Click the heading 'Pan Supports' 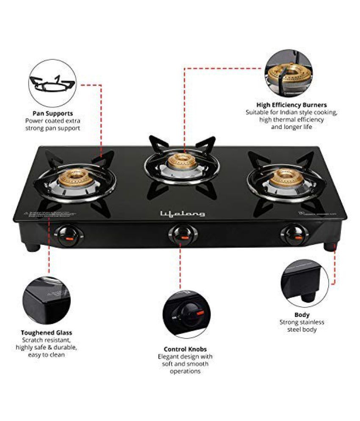tap(53, 113)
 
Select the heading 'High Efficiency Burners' tap(291, 105)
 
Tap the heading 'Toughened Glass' tap(47, 333)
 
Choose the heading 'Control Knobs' tap(185, 349)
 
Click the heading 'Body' tap(302, 315)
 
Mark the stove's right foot tap(330, 246)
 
